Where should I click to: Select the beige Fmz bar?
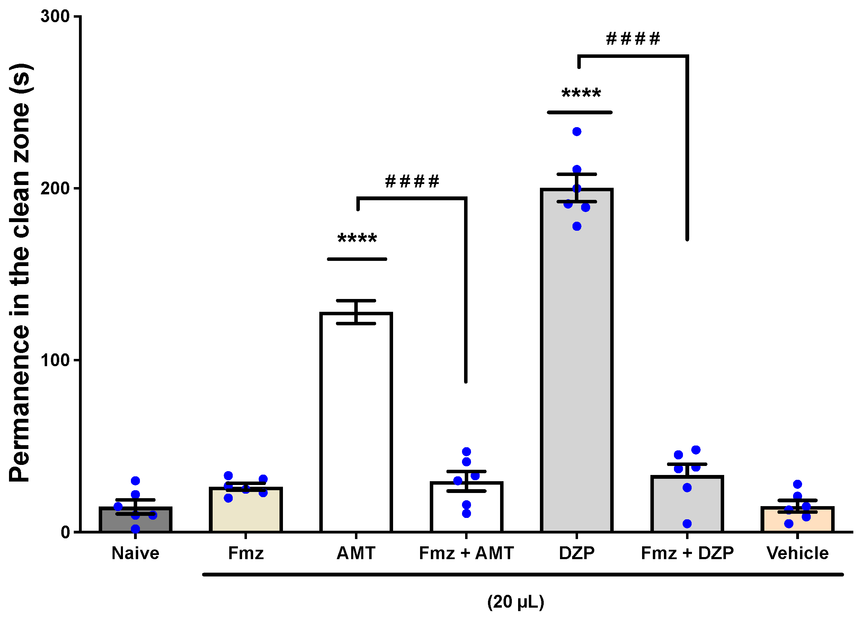[245, 511]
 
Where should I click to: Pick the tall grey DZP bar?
[576, 361]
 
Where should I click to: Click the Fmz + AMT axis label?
[466, 553]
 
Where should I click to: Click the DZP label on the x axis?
[576, 553]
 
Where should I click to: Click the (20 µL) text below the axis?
[515, 602]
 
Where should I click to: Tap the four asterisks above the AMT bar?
[357, 239]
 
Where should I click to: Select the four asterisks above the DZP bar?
[581, 93]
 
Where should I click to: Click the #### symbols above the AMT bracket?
[412, 181]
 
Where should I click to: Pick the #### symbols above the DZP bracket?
[633, 39]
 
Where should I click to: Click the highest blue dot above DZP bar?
[576, 131]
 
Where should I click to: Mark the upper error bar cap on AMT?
[356, 300]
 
